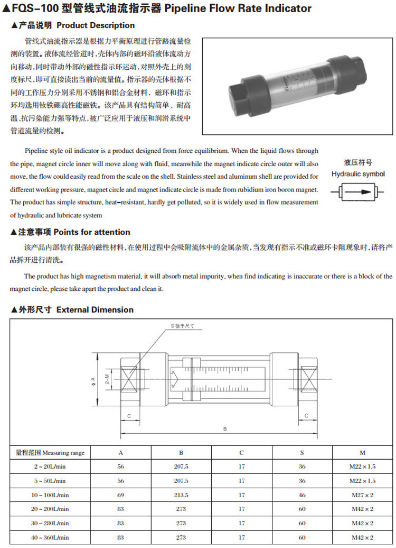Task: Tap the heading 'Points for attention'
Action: click(x=92, y=232)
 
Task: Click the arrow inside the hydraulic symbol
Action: click(x=359, y=192)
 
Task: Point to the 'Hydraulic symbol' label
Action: click(x=358, y=174)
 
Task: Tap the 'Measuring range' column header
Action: click(x=50, y=453)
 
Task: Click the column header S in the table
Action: click(x=302, y=453)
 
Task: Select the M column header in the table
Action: click(x=362, y=453)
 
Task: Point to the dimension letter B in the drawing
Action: click(x=225, y=429)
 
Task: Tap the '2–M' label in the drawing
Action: click(x=108, y=379)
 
